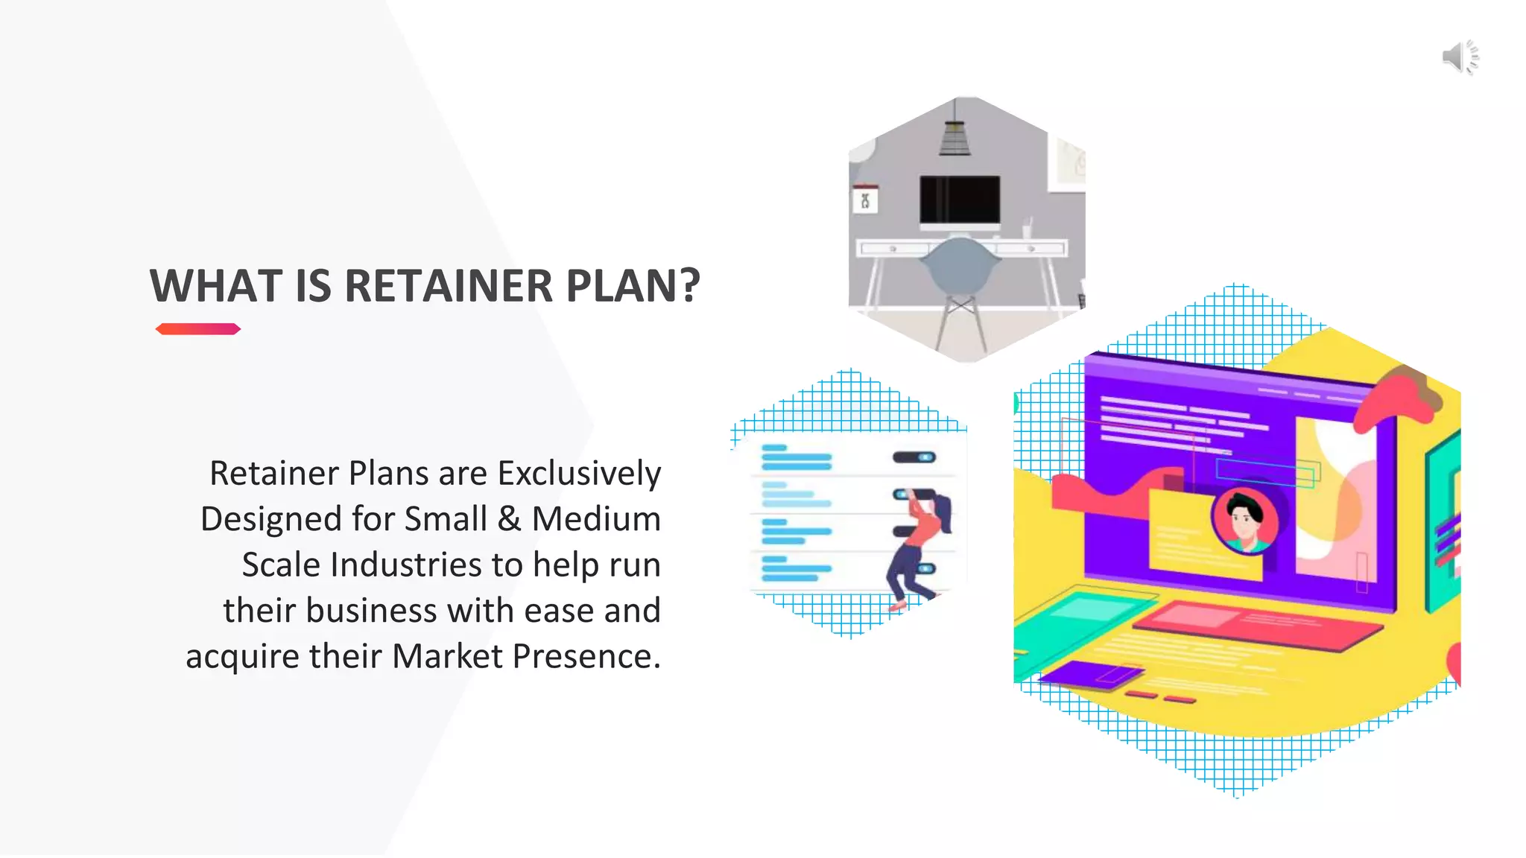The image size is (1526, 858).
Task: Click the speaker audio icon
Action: pos(1460,57)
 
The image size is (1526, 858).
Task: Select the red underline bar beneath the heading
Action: pos(197,329)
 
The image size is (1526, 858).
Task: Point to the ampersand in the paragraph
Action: pos(509,519)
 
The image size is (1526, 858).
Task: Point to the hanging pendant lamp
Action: pos(954,134)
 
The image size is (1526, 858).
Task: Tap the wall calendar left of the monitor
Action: pos(865,199)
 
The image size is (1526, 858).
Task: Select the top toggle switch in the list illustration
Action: pos(914,457)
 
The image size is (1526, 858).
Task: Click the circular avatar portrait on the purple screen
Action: pos(1244,521)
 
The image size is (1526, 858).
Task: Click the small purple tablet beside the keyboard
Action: pos(1092,674)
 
